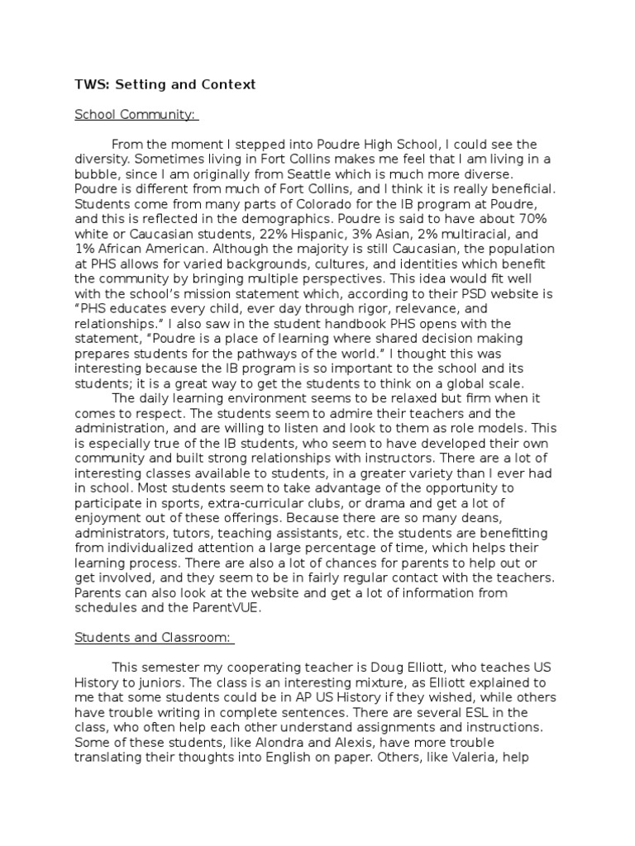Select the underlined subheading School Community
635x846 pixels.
coord(136,114)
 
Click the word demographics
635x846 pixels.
coord(283,218)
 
